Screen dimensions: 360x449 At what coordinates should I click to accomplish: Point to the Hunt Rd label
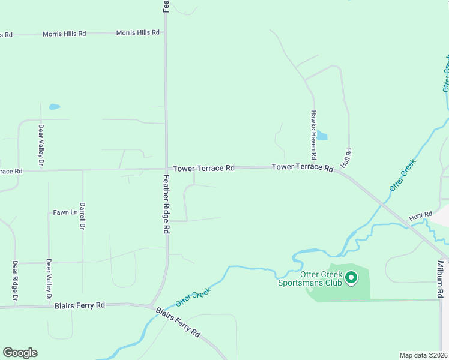pyautogui.click(x=421, y=215)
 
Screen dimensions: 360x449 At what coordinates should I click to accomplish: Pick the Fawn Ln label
pyautogui.click(x=65, y=212)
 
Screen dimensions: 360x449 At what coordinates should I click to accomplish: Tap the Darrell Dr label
pyautogui.click(x=83, y=216)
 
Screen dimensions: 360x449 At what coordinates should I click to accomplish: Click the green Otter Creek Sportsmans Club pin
pyautogui.click(x=351, y=278)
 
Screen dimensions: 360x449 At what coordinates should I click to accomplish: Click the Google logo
pyautogui.click(x=20, y=353)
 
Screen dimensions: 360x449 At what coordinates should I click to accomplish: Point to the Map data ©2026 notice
pyautogui.click(x=423, y=355)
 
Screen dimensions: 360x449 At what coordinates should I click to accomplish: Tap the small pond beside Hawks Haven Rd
pyautogui.click(x=321, y=136)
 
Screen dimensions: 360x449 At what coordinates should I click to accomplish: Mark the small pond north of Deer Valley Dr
pyautogui.click(x=55, y=107)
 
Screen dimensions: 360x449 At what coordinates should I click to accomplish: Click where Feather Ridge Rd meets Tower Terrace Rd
pyautogui.click(x=166, y=169)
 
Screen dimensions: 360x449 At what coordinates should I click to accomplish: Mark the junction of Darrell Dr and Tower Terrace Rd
pyautogui.click(x=83, y=170)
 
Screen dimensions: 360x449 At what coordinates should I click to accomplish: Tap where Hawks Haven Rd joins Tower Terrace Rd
pyautogui.click(x=313, y=167)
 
